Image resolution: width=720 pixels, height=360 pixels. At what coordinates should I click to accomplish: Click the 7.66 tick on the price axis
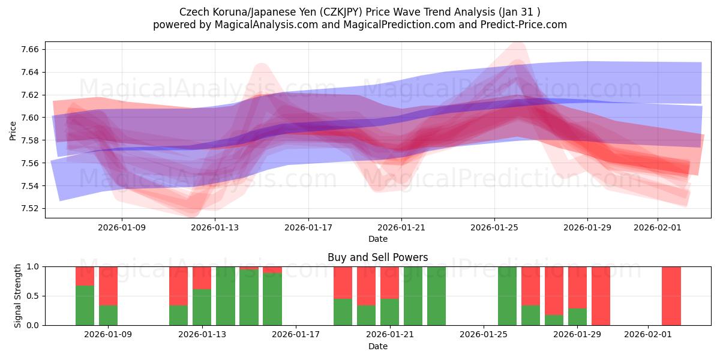pos(30,49)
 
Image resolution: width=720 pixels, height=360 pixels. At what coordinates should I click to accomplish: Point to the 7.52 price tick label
pos(30,209)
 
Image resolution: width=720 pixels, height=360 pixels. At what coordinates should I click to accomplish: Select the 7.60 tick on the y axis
pos(30,118)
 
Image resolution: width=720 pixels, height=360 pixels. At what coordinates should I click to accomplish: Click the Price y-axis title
pos(13,130)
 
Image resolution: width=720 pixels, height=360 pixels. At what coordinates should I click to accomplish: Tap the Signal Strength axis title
pos(18,296)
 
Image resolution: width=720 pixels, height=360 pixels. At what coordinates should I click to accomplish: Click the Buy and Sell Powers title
pos(377,257)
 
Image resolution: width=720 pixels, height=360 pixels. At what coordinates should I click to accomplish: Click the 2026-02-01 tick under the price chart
pos(657,227)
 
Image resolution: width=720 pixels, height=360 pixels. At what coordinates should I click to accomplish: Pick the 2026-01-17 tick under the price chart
pos(308,227)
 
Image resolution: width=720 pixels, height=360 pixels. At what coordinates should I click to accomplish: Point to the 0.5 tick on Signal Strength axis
pos(33,296)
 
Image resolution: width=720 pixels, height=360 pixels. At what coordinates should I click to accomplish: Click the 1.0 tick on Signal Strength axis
pos(33,266)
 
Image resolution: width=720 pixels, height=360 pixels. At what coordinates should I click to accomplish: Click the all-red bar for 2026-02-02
pos(671,296)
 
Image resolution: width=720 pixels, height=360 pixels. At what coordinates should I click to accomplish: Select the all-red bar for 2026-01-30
pos(601,296)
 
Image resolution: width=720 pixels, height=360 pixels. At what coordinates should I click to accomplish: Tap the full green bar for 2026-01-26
pos(507,296)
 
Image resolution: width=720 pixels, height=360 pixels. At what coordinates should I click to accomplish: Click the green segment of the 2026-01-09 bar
pos(108,315)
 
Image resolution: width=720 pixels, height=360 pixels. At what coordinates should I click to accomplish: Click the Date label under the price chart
pos(377,239)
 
